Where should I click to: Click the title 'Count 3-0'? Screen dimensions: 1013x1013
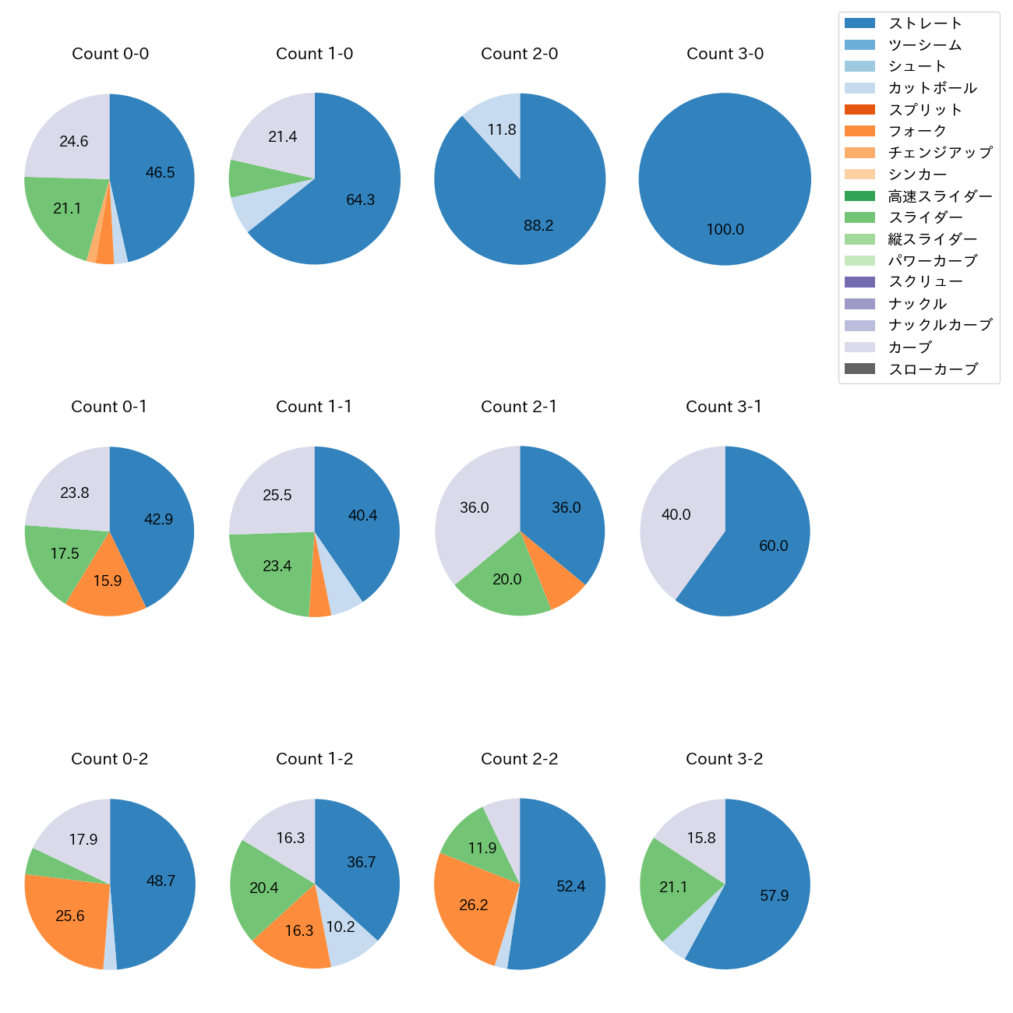725,54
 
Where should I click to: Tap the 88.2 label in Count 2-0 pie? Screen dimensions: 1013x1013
538,226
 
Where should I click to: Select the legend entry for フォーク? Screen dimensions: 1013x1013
917,131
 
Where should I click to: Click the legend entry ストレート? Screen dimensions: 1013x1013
925,23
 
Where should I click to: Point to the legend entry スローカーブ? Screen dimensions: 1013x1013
933,369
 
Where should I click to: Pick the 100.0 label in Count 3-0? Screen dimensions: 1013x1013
725,230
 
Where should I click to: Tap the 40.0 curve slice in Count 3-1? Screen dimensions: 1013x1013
675,515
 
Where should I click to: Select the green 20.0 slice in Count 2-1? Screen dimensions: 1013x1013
507,580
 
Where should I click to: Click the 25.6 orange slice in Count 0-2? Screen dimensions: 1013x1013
70,916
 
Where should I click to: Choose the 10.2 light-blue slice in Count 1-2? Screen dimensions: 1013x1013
341,927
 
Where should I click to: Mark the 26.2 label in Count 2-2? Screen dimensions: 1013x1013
474,905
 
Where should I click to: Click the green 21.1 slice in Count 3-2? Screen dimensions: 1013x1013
673,888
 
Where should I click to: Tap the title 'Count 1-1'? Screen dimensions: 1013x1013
314,407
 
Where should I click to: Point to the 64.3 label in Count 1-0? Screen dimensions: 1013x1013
361,200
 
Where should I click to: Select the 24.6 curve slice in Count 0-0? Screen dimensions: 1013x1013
74,142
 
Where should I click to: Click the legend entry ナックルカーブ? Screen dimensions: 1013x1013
940,326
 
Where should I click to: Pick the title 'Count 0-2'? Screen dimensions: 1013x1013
109,759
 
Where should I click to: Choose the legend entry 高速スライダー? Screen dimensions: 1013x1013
940,196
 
